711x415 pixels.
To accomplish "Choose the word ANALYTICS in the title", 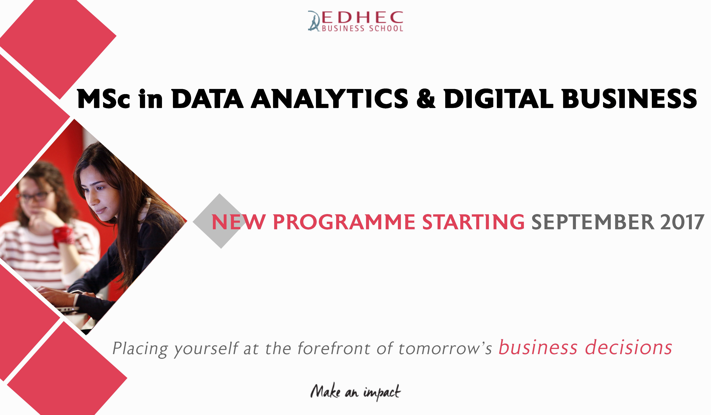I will coord(329,99).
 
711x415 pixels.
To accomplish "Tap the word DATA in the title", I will coord(207,99).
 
